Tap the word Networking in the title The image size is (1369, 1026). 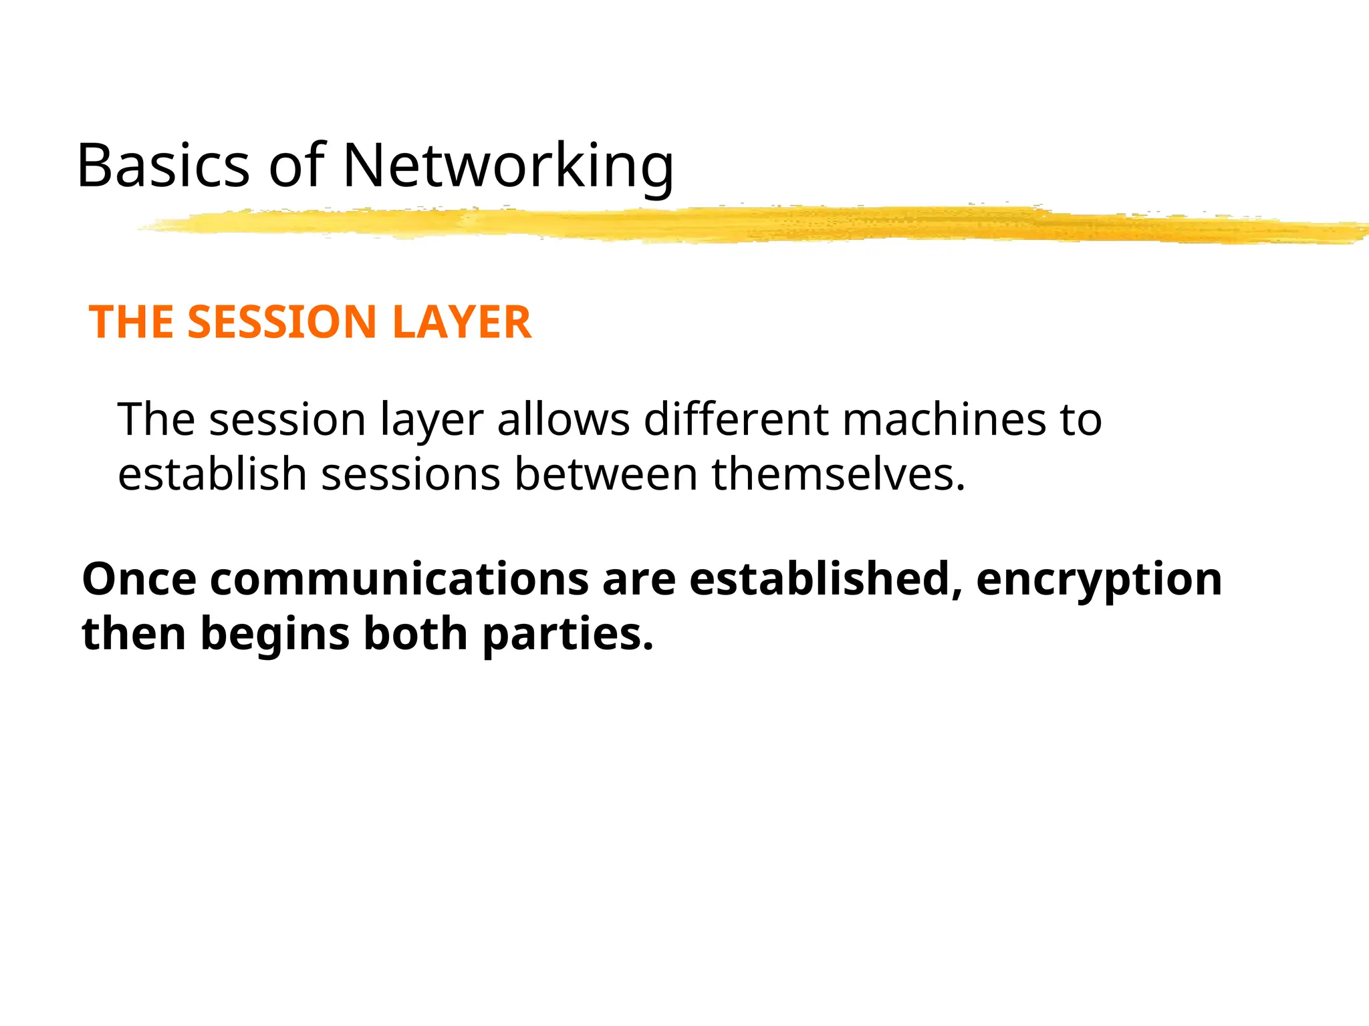point(508,167)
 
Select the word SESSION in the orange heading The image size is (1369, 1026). point(281,322)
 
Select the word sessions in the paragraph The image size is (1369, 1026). point(410,474)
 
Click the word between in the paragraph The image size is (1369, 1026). point(606,474)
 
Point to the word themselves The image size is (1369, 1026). point(838,474)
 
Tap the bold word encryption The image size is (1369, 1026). point(1099,580)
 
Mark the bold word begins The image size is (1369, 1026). point(275,635)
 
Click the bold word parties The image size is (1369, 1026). point(568,635)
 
